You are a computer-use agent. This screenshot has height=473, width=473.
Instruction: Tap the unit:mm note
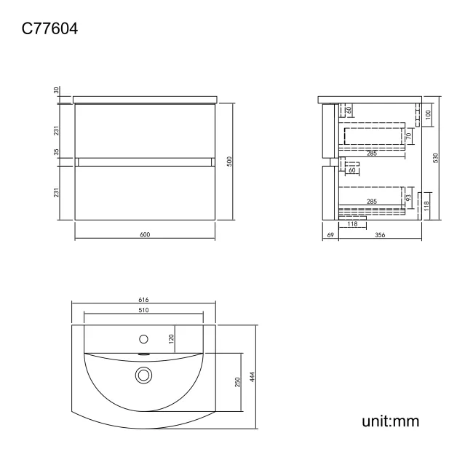click(x=391, y=421)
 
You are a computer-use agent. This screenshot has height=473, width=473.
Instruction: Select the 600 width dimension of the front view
click(x=145, y=234)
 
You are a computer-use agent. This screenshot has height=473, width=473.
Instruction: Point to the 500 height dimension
click(x=229, y=162)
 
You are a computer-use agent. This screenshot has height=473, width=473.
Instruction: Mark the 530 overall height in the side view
click(x=435, y=158)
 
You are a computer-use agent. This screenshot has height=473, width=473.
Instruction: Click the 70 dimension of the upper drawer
click(x=409, y=135)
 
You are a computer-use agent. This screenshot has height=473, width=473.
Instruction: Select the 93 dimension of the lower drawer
click(x=409, y=197)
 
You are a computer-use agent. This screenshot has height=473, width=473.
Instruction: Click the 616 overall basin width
click(x=144, y=300)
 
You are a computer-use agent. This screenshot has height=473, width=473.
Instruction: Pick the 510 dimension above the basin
click(x=144, y=311)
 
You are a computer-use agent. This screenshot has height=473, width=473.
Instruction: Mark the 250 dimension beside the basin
click(x=238, y=381)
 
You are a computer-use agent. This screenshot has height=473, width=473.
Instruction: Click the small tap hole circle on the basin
click(x=143, y=338)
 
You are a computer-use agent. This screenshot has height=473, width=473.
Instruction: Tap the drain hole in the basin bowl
click(x=143, y=375)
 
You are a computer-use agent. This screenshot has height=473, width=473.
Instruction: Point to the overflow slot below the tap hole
click(x=143, y=355)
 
